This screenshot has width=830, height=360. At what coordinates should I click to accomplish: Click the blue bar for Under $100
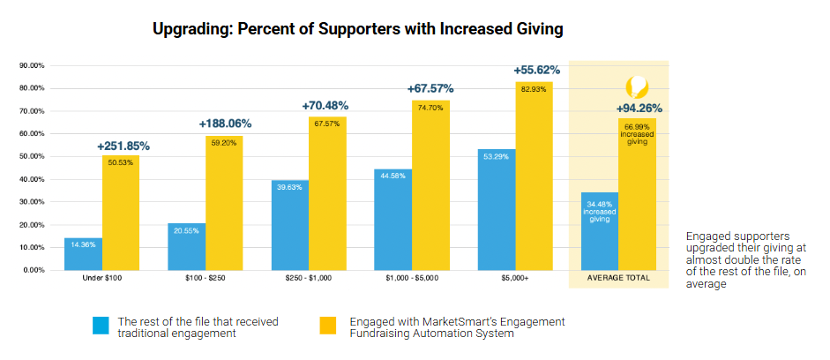83,254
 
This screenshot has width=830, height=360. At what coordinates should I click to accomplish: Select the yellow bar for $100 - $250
224,203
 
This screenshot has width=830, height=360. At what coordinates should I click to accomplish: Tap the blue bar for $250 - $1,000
289,225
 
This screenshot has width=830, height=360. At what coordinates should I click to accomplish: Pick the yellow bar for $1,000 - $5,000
430,185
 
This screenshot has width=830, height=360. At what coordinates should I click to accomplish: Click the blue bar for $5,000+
496,210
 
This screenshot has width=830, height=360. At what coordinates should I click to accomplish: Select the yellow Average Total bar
637,194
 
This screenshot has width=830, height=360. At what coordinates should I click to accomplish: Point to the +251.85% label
123,146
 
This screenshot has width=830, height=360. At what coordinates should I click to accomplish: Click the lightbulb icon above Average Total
637,86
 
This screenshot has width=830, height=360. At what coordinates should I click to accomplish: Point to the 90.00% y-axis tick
31,65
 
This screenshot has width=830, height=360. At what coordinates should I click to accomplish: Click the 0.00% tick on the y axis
33,270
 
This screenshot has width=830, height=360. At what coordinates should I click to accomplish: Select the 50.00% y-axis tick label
31,156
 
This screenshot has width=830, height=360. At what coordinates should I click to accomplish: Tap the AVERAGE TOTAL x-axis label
618,278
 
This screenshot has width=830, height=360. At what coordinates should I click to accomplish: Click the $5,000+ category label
515,278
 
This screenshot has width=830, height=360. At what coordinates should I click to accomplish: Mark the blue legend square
101,326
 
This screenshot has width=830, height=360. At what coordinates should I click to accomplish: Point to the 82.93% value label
534,89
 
